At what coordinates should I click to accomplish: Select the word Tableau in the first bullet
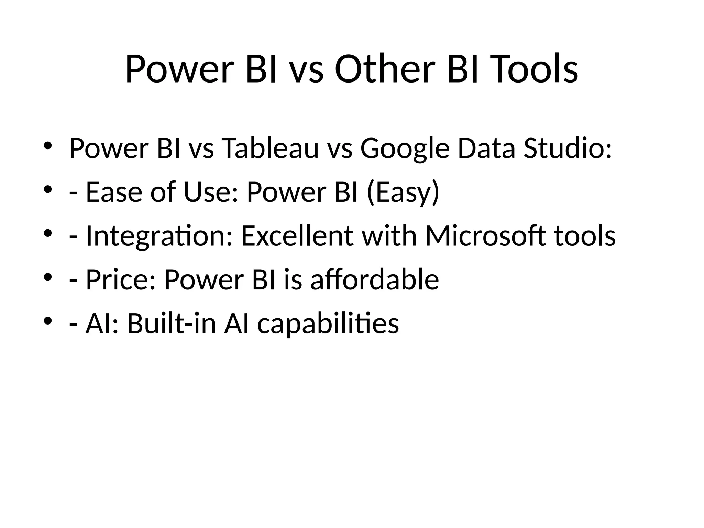[270, 148]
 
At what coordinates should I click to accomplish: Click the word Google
[405, 148]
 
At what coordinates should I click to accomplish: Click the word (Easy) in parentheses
[403, 192]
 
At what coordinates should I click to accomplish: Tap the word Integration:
[159, 236]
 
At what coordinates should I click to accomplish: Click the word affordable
[374, 280]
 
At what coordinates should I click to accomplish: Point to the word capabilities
[328, 324]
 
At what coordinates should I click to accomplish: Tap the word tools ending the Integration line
[585, 236]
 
